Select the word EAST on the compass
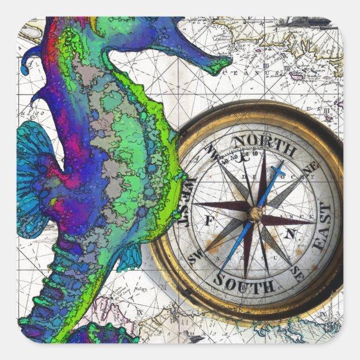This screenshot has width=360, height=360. [x=323, y=226]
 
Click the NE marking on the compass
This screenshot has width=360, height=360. [x=312, y=166]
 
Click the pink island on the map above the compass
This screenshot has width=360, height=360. [x=296, y=74]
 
